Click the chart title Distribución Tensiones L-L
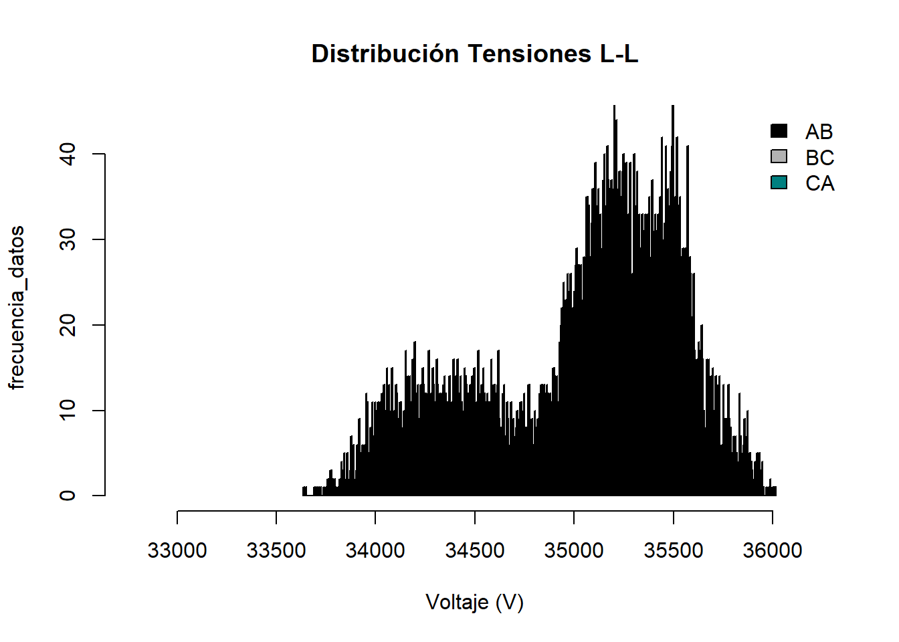(x=475, y=53)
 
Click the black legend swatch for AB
(x=779, y=131)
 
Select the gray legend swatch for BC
(x=779, y=156)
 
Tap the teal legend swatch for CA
(x=779, y=183)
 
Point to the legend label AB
(x=819, y=132)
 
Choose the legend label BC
(x=819, y=158)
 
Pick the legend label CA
(x=819, y=183)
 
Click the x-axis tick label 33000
(x=177, y=550)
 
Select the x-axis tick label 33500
(x=276, y=550)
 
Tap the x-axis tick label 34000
(x=375, y=550)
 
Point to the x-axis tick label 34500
(x=475, y=550)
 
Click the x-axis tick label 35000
(x=574, y=550)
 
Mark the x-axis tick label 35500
(x=674, y=550)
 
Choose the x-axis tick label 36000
(x=773, y=550)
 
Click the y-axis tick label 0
(x=68, y=496)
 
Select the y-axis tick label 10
(x=68, y=410)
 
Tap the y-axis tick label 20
(x=68, y=325)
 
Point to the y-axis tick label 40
(x=68, y=154)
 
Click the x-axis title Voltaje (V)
(x=475, y=603)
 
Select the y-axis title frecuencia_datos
(x=17, y=308)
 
